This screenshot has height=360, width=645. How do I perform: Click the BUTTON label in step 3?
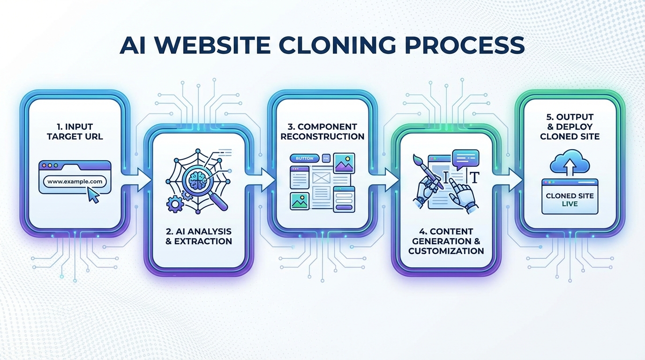(x=304, y=158)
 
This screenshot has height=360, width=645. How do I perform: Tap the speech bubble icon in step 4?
(x=466, y=159)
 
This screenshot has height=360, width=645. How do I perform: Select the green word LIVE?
(x=570, y=204)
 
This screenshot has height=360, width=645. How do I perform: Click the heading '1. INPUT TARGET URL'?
(x=75, y=131)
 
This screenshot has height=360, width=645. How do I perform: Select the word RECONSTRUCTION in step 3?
(x=322, y=136)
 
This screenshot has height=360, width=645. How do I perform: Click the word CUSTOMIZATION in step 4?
(x=446, y=251)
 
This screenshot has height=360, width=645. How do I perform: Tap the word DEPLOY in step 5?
(x=574, y=127)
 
